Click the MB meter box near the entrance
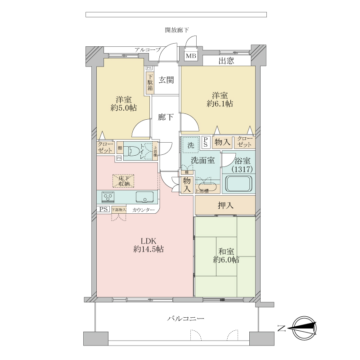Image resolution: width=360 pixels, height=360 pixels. point(191,56)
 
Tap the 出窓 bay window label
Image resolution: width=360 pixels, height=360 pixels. point(226,61)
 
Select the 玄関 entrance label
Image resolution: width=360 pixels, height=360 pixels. point(166,80)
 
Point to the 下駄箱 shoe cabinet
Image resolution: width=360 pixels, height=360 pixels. point(150,82)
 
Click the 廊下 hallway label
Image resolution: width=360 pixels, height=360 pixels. point(166,118)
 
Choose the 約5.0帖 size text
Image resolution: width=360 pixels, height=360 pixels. point(124,108)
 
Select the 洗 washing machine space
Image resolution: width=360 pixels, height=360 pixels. point(190,145)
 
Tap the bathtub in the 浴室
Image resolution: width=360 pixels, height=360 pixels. point(238,184)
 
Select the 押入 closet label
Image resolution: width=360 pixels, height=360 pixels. point(225,206)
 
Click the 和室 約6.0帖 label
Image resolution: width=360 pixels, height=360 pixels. point(226,255)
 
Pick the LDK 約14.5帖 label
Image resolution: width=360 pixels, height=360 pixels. point(148,245)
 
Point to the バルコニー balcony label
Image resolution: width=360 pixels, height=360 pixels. point(186,319)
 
